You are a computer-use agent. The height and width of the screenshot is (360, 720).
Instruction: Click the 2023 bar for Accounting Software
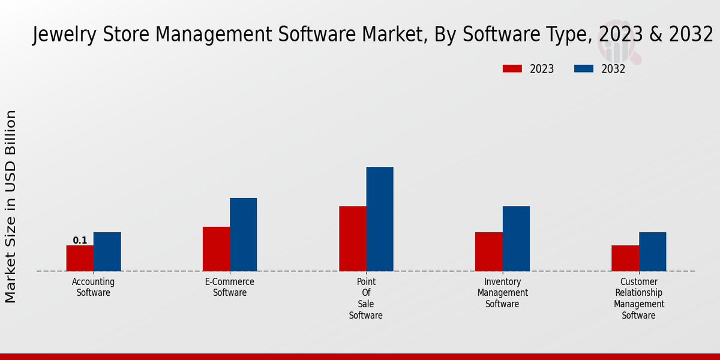pos(80,258)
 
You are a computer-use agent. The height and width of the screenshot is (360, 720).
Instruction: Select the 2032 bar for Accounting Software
pos(107,251)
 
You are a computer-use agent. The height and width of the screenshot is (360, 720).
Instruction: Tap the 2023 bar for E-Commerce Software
pos(216,249)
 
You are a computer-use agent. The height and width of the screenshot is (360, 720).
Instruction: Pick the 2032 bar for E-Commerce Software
pos(243,235)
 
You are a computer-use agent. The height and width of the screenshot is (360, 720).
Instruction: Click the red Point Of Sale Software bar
pos(352,239)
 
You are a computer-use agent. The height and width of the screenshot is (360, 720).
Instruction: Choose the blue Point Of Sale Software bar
pos(380,219)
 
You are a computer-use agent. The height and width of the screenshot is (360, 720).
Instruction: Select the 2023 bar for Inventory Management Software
pos(488,251)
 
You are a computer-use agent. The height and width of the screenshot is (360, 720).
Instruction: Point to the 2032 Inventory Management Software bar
pos(516,239)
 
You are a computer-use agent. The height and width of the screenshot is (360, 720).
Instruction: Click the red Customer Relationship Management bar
pos(625,258)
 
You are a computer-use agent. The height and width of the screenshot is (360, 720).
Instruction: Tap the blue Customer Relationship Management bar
pos(652,251)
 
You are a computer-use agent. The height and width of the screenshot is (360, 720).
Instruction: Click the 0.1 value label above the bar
pos(80,241)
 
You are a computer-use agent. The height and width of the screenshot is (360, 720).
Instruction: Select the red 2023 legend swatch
pos(512,68)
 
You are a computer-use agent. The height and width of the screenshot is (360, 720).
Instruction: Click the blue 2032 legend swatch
pos(583,68)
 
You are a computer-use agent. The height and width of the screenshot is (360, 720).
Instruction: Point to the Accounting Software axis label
pos(93,287)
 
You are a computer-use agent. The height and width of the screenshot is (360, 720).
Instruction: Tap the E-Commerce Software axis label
pos(230,287)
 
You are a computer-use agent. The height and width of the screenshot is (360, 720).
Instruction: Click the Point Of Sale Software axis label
pos(366,298)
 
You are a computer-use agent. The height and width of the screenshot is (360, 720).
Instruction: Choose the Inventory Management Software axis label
pos(503,293)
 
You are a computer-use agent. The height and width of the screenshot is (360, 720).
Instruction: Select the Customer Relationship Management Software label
pos(639,298)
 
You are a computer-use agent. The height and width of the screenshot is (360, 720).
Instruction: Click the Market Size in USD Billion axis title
pos(11,206)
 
